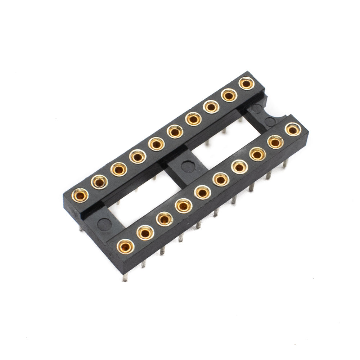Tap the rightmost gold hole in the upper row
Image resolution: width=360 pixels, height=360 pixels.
coord(246,84)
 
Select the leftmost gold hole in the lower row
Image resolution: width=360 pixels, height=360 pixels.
coord(125,246)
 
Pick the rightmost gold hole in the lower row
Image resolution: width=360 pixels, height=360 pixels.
coord(293,129)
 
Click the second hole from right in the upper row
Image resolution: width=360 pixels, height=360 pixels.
coord(228,95)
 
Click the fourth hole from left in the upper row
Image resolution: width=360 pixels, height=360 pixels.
coord(137,157)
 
